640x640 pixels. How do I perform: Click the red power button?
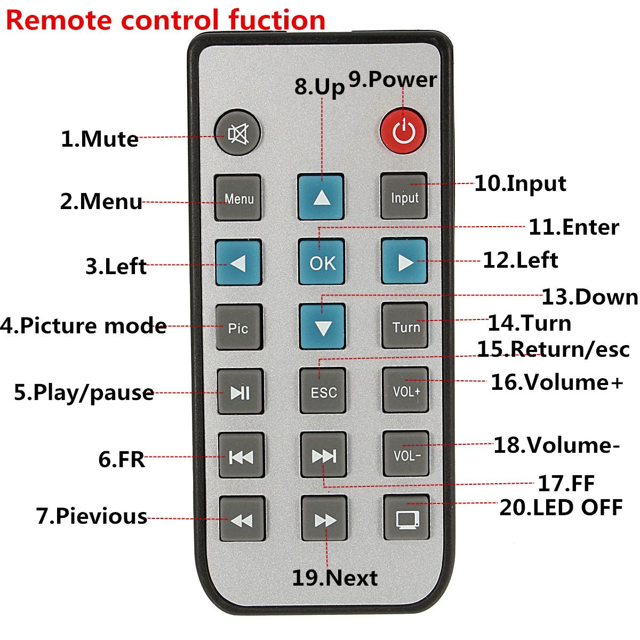tap(404, 128)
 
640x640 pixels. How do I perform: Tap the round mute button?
tap(237, 132)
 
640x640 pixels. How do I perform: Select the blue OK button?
tap(322, 261)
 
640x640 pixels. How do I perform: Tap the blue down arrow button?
tap(322, 326)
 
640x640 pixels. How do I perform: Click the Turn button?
tap(405, 326)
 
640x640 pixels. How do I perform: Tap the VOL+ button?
tap(406, 390)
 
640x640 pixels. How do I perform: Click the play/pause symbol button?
tap(240, 392)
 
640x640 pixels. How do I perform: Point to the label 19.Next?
tap(334, 578)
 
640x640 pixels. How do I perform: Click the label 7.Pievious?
tap(92, 516)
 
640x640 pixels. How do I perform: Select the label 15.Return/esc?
tap(553, 349)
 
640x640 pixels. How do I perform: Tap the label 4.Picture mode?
tap(84, 325)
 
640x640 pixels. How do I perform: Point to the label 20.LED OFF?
tap(561, 507)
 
